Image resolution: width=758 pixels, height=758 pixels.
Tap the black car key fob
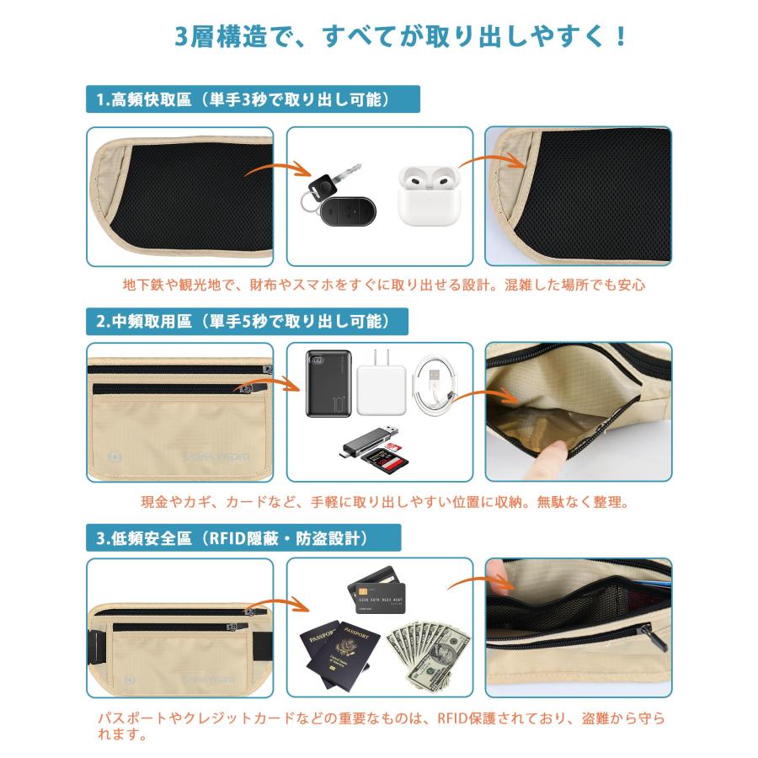point(348,211)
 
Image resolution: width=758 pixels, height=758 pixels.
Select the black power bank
point(328,383)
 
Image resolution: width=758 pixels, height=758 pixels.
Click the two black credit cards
point(376,590)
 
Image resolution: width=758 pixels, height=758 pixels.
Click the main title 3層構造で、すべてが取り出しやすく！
point(400,37)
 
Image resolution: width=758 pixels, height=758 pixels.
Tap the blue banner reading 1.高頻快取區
point(253,99)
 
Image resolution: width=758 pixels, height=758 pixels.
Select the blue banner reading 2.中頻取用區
point(247,321)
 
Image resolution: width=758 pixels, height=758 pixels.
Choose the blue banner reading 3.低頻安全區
point(243,537)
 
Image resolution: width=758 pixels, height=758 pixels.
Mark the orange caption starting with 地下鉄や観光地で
point(384,285)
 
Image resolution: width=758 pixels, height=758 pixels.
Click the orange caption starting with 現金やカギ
point(385,502)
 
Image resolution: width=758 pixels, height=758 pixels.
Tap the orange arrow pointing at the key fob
point(277,170)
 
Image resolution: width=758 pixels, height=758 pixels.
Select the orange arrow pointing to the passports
point(277,604)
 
